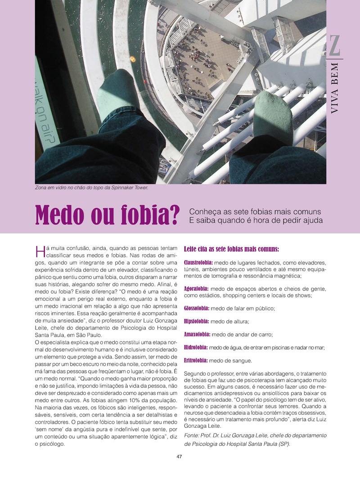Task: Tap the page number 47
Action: (x=179, y=457)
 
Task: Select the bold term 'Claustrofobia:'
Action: (x=198, y=262)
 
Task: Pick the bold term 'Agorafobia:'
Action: (x=196, y=288)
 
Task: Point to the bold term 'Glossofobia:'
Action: (x=197, y=308)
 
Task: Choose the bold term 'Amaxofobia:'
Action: (x=197, y=334)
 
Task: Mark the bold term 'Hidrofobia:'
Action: (x=196, y=347)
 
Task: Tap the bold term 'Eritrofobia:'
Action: (x=196, y=360)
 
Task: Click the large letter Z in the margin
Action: (x=335, y=46)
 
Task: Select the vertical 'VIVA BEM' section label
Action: (x=335, y=93)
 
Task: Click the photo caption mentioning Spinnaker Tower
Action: (x=91, y=188)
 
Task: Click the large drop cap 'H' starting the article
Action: (x=39, y=250)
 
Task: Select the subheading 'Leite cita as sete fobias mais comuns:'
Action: (x=231, y=248)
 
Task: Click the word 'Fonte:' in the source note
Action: (x=193, y=435)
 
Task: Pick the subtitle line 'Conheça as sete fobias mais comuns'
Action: (x=255, y=211)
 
